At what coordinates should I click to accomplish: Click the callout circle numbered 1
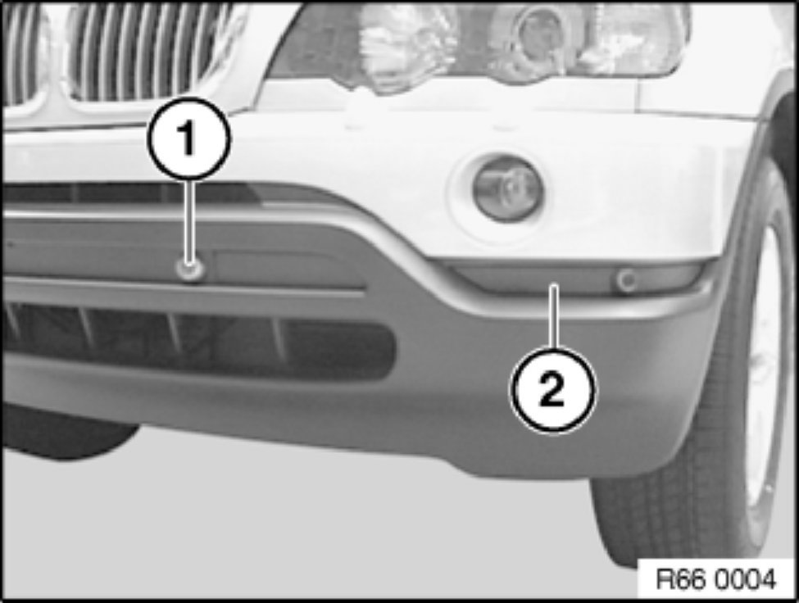pos(188,138)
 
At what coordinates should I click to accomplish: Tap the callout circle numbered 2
pos(552,391)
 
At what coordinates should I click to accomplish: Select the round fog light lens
pos(508,189)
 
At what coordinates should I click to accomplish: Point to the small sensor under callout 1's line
pos(190,270)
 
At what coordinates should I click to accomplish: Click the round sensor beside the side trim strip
pos(627,280)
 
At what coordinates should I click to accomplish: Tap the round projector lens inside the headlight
pos(541,33)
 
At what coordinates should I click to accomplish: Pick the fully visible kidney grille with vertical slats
pos(148,51)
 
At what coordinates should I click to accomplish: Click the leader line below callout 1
pos(189,220)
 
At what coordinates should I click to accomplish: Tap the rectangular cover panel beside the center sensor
pos(285,267)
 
